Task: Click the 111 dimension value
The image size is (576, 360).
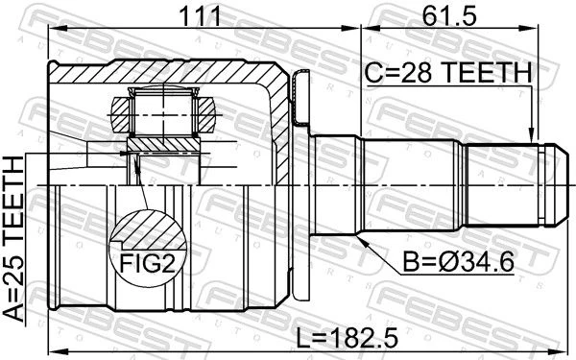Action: coord(200,15)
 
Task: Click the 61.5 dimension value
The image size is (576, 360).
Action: coord(449,15)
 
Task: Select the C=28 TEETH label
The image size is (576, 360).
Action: coord(448,72)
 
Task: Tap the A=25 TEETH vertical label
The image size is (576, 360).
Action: coord(14,238)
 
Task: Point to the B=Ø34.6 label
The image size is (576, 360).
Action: coord(458,261)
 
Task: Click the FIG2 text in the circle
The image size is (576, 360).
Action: coord(148,263)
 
